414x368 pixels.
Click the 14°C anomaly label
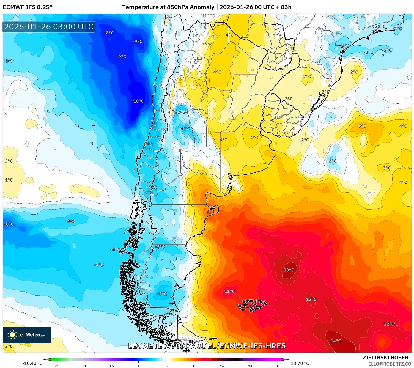[x=336, y=341]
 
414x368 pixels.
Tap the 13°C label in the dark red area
[x=289, y=270]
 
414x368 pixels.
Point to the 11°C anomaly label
[x=229, y=291]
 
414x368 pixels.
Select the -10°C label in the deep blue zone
[x=138, y=101]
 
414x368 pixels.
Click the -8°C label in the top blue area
[x=109, y=33]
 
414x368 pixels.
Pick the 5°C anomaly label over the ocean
[x=362, y=126]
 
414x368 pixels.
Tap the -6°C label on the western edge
[x=9, y=224]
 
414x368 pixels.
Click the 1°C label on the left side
[x=9, y=180]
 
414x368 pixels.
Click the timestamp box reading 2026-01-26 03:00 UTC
[x=49, y=27]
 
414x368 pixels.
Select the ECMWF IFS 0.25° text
[x=28, y=7]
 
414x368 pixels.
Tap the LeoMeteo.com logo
[x=27, y=335]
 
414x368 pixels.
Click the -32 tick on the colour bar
[x=55, y=366]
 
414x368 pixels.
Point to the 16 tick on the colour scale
[x=222, y=366]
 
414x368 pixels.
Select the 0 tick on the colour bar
[x=166, y=366]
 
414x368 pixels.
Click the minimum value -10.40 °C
[x=32, y=363]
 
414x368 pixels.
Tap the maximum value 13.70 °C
[x=300, y=363]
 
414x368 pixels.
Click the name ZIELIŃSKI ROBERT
[x=387, y=358]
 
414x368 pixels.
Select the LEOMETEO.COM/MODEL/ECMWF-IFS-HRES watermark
[x=207, y=346]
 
